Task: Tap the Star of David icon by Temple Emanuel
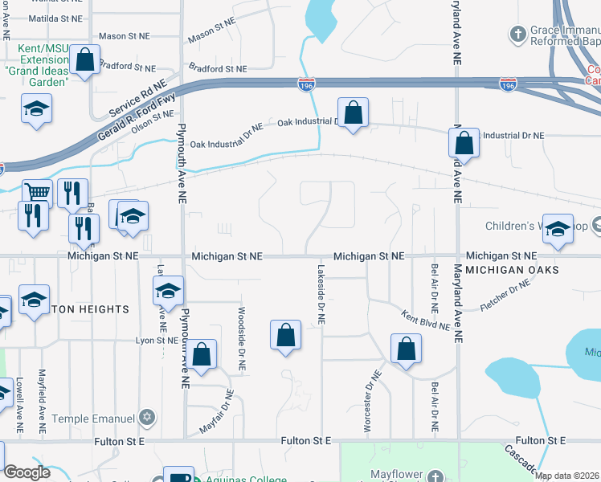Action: tap(145, 418)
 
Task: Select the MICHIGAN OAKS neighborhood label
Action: tap(512, 270)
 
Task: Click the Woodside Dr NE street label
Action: tap(241, 337)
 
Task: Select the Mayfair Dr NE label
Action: tap(216, 412)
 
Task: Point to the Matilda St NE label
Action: tap(55, 18)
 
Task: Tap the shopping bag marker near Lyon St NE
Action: tap(202, 353)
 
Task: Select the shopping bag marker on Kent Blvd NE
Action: tap(406, 349)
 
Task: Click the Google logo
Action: tap(27, 473)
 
